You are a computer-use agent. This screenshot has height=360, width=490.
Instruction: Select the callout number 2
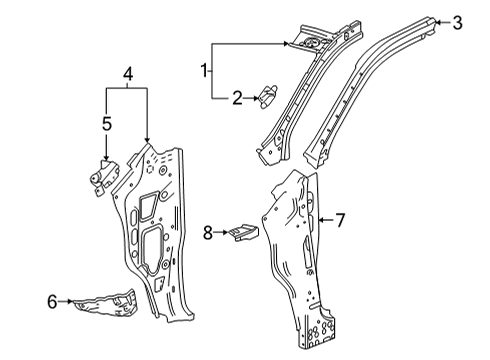pos(238,97)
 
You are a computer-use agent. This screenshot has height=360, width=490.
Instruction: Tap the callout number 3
pos(459,22)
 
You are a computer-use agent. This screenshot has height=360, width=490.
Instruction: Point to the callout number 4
pos(127,73)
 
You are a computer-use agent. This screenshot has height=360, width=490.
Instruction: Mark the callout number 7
pos(340,219)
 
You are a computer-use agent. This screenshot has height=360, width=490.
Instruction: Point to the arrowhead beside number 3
pos(438,21)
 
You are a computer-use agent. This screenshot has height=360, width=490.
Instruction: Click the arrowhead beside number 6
pos(72,299)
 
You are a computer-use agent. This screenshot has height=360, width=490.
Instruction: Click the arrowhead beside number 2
pos(256,97)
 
